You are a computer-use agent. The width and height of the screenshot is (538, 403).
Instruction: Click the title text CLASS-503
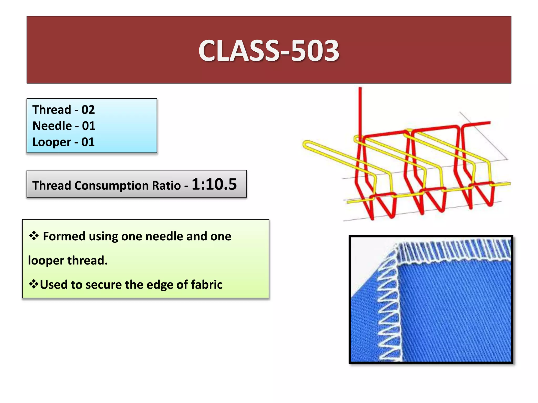coord(268,51)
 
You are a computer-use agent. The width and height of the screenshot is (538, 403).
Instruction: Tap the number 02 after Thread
coord(88,110)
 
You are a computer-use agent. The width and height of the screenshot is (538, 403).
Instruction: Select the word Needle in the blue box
coord(52,126)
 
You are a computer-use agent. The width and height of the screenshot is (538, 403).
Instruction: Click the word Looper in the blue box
coord(52,142)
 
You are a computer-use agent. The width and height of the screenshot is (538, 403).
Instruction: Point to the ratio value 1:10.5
coord(214,184)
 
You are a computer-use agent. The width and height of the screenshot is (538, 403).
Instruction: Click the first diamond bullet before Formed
coord(34,236)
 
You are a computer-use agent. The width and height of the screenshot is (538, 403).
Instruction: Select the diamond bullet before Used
coord(34,284)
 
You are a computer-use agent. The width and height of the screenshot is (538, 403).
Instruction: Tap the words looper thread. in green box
coord(68,261)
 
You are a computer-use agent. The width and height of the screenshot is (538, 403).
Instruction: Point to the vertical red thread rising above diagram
coord(360,110)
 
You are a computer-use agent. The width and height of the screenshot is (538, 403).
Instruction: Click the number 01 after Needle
coord(89,126)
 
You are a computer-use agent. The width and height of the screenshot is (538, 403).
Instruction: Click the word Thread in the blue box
coord(52,110)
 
